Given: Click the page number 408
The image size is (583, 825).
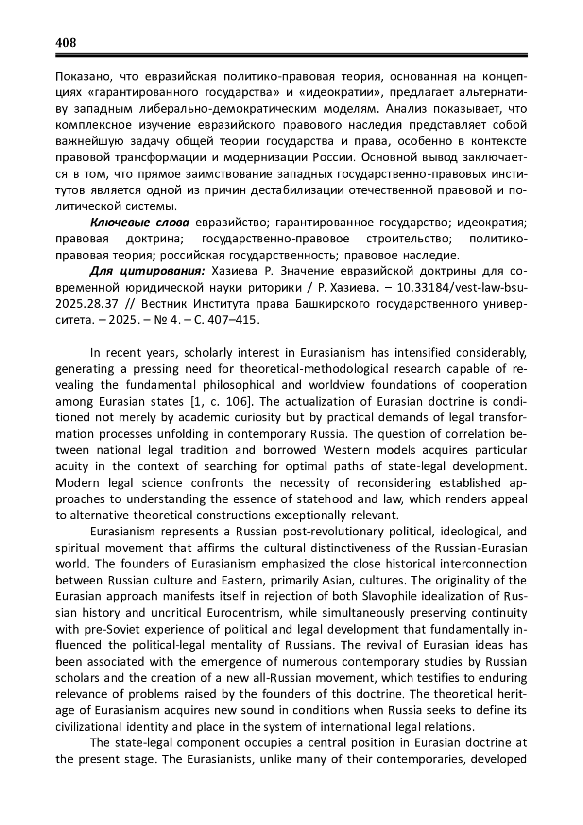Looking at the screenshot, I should (x=66, y=43).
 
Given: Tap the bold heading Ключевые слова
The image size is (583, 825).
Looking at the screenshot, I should (x=140, y=223).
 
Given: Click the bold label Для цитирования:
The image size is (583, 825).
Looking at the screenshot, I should (x=148, y=271).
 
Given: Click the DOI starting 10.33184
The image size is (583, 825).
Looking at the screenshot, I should (x=462, y=288).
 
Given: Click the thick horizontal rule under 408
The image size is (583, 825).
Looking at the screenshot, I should (x=291, y=56).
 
